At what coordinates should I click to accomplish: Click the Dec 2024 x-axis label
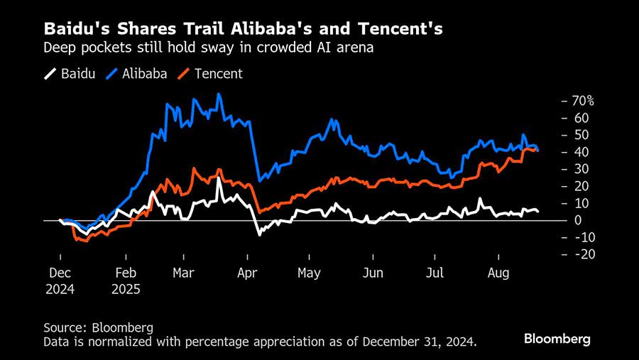[60, 281]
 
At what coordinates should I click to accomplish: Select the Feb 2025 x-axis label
[126, 281]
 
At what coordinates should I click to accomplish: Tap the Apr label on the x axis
[248, 273]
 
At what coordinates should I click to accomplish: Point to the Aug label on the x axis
[499, 273]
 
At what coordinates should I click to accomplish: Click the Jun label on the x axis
[372, 273]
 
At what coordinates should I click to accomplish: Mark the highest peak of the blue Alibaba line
[219, 94]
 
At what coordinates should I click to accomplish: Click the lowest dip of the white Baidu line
[259, 234]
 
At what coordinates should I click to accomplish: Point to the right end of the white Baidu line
[537, 211]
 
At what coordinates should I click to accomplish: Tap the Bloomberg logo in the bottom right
[557, 339]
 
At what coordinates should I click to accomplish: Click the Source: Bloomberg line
[98, 327]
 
